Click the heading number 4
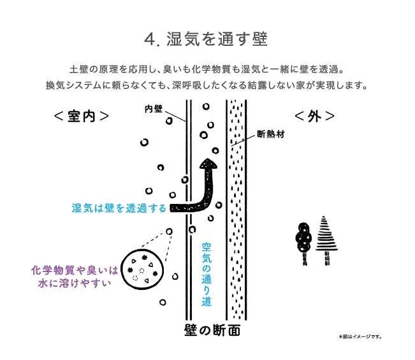150,40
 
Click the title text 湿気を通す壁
217,39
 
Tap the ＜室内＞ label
81,116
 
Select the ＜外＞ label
314,116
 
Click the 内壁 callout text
154,109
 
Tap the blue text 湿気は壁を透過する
119,208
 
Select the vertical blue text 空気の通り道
207,274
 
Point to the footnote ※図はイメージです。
360,336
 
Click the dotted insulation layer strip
237,210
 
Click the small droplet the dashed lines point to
170,232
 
